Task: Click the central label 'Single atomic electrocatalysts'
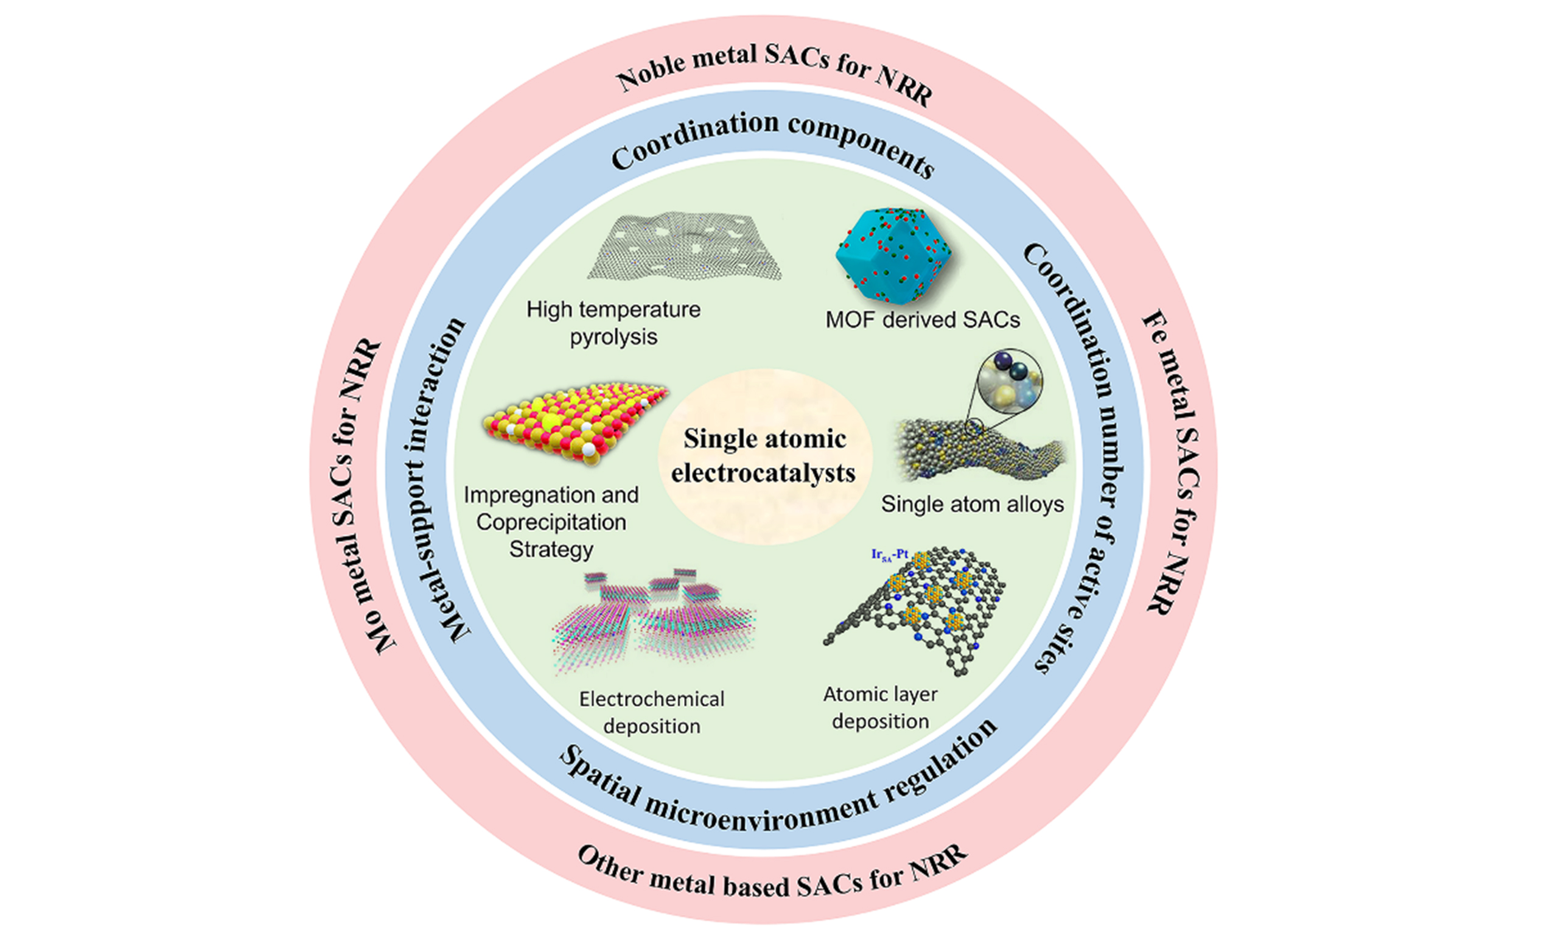764,456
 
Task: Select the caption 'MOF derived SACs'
922,320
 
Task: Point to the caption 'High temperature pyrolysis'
613,323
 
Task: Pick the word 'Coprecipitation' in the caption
551,522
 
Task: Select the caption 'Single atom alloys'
972,504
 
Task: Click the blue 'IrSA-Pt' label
889,555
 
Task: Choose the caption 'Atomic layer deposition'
881,707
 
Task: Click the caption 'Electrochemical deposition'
652,713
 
